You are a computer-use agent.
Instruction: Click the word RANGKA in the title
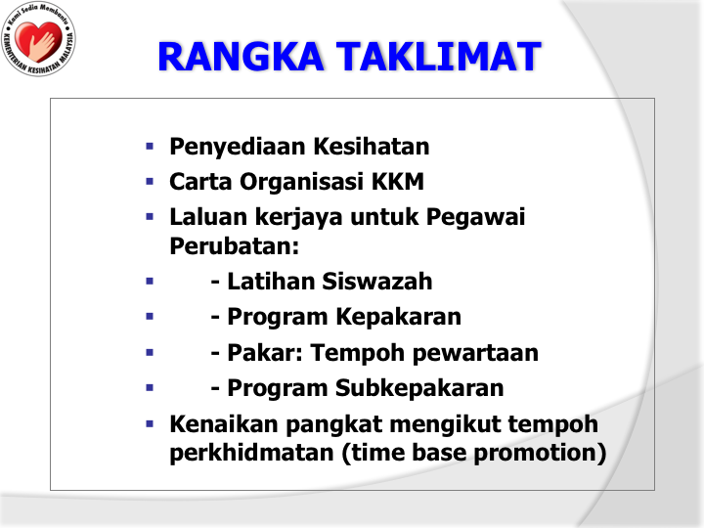pos(241,57)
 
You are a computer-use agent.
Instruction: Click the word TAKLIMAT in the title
pos(439,57)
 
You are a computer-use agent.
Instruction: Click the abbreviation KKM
pos(397,182)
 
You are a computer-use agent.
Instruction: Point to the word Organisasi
pos(301,183)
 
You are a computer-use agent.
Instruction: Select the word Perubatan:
pos(235,246)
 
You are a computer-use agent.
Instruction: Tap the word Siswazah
pos(377,282)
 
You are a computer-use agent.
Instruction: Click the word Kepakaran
pos(399,317)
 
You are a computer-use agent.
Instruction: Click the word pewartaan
pos(475,353)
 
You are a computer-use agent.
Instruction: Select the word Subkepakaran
pos(419,389)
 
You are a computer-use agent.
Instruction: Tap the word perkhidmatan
pos(252,453)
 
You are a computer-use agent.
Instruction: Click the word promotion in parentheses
pos(536,454)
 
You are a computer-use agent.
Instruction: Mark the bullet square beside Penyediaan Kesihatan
pos(150,146)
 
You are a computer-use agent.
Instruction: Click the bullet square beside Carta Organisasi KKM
pos(150,182)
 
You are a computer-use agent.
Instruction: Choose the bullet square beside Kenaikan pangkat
pos(150,423)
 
